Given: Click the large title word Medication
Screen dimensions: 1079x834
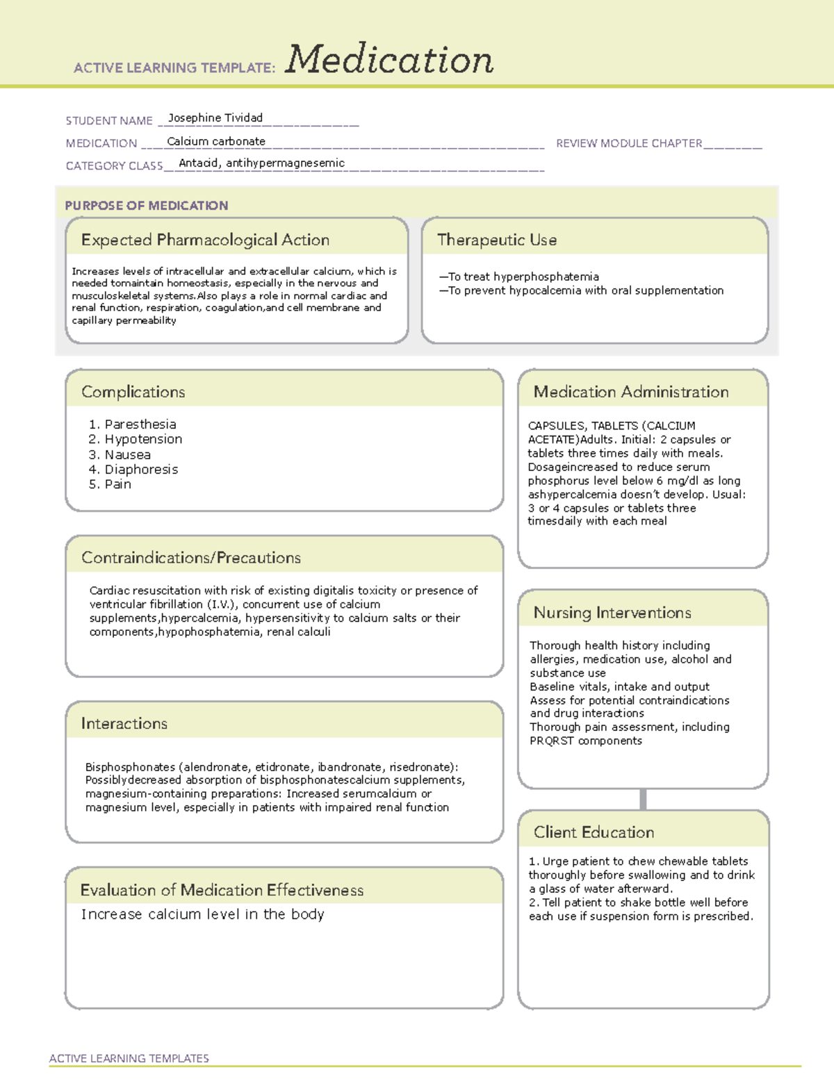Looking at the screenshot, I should click(x=389, y=60).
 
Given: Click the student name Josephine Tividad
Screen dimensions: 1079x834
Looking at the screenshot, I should click(x=215, y=118).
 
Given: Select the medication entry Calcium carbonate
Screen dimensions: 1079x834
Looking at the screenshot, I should click(x=216, y=141).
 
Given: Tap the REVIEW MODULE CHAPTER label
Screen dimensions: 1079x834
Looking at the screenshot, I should click(x=629, y=143).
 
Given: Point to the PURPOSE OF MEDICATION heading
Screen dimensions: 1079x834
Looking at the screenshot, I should click(x=147, y=206).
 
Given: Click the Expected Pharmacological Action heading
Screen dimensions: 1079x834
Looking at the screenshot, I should click(x=205, y=240).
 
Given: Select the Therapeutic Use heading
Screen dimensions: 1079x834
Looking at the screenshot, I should click(x=497, y=240).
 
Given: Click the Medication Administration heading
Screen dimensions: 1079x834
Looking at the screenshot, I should click(x=631, y=392).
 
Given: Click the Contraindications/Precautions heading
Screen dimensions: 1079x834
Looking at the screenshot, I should click(x=191, y=558).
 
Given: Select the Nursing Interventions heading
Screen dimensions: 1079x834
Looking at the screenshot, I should click(x=612, y=613).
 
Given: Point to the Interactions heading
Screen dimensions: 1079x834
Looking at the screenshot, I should click(x=124, y=724).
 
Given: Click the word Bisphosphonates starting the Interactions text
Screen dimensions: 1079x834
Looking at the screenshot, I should click(x=130, y=767).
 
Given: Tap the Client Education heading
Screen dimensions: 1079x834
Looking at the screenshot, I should click(x=594, y=832).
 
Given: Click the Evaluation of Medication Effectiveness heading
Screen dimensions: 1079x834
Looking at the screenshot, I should click(x=222, y=890).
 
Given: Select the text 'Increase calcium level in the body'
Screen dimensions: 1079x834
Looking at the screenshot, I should click(x=203, y=914).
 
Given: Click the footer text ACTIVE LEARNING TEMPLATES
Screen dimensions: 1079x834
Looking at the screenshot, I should click(x=129, y=1058).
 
